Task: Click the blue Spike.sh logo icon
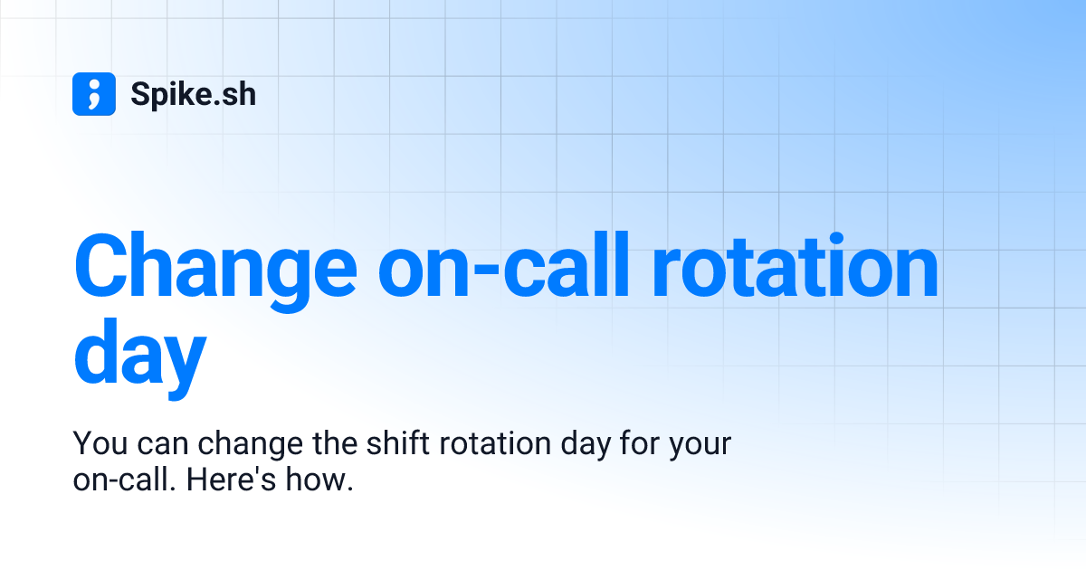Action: click(x=94, y=94)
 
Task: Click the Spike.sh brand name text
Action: click(x=193, y=94)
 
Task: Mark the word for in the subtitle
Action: click(x=643, y=445)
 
